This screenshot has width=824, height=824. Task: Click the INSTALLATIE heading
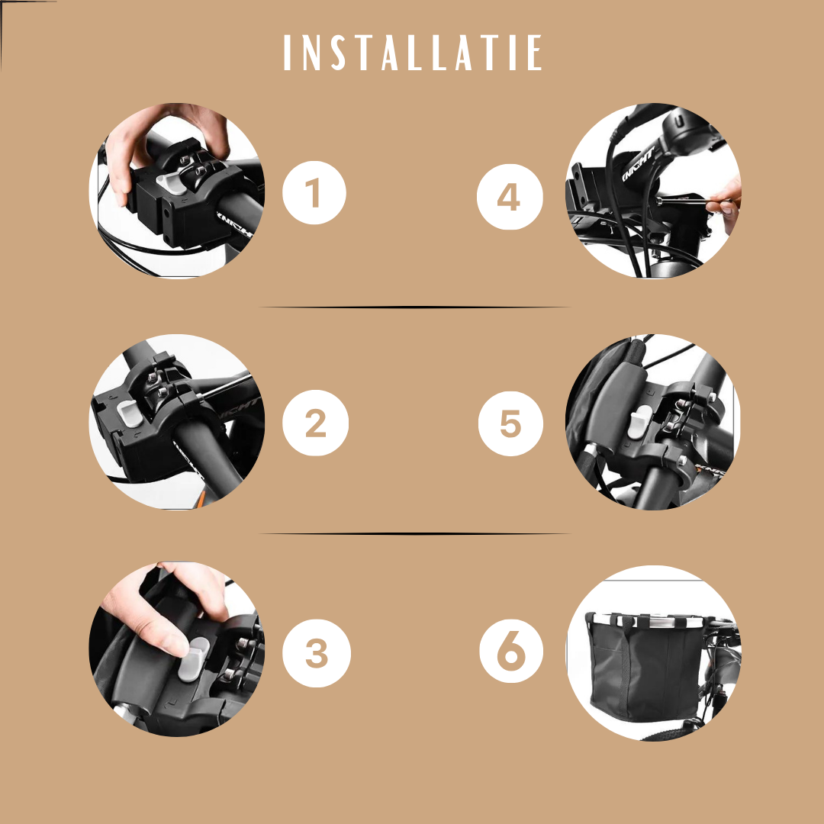pyautogui.click(x=413, y=52)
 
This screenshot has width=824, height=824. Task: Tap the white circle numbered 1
pyautogui.click(x=314, y=193)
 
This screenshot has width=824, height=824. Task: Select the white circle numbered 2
pyautogui.click(x=315, y=423)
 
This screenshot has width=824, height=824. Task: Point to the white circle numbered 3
pyautogui.click(x=317, y=653)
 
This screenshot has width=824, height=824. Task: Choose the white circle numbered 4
pyautogui.click(x=510, y=197)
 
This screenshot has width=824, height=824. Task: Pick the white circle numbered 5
pyautogui.click(x=510, y=423)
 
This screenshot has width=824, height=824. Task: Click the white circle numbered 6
pyautogui.click(x=511, y=651)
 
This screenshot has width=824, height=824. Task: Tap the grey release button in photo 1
pyautogui.click(x=172, y=183)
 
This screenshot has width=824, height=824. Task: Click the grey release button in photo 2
pyautogui.click(x=128, y=413)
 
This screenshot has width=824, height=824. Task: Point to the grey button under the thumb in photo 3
pyautogui.click(x=192, y=660)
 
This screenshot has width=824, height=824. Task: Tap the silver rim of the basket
pyautogui.click(x=651, y=622)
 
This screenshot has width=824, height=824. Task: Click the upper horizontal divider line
pyautogui.click(x=414, y=307)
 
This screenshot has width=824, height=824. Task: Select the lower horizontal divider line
pyautogui.click(x=414, y=534)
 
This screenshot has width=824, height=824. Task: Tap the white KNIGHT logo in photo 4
pyautogui.click(x=638, y=163)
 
